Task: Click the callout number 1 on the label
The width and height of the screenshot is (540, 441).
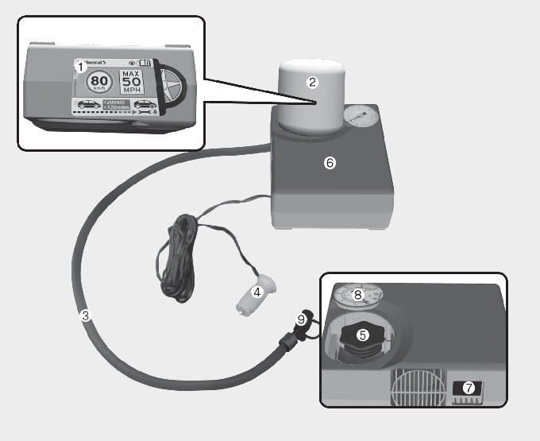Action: [x=79, y=68]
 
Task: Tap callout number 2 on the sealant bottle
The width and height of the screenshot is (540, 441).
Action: [x=312, y=82]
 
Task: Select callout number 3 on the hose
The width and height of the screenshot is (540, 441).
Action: [x=87, y=314]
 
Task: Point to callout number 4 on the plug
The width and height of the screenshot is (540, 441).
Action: [x=256, y=292]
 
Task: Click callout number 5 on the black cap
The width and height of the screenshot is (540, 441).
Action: [x=363, y=335]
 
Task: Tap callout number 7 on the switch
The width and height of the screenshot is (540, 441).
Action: [x=469, y=388]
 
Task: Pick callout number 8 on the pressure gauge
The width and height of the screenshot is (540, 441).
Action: [x=358, y=295]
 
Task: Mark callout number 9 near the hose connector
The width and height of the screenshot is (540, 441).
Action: [x=301, y=319]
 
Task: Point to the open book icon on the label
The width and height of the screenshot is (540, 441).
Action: [x=145, y=63]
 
